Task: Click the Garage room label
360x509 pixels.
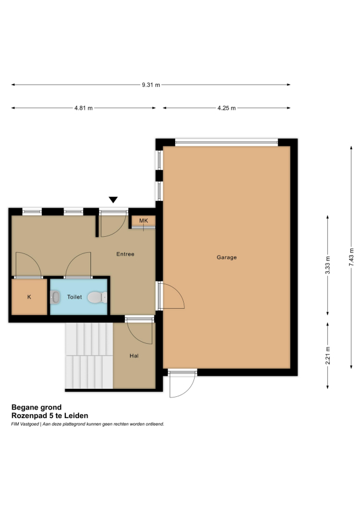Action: [227, 257]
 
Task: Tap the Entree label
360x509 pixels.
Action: [125, 254]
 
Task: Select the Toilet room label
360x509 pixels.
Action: [74, 297]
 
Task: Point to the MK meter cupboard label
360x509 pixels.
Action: [144, 221]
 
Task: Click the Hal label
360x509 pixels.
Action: [134, 356]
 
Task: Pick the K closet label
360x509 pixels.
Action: [29, 297]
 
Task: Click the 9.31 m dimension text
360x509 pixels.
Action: [151, 85]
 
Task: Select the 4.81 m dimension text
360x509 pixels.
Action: [84, 108]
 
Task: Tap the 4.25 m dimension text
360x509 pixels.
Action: [227, 108]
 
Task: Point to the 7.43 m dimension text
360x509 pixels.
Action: [351, 257]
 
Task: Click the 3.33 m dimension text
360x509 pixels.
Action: [327, 265]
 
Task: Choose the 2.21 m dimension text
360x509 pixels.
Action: [327, 356]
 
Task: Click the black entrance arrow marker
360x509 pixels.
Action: [113, 200]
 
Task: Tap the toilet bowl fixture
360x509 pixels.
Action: [97, 297]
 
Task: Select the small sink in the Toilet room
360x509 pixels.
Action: [55, 297]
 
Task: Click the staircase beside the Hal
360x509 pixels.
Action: [89, 356]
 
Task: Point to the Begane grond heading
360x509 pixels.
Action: [37, 407]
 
